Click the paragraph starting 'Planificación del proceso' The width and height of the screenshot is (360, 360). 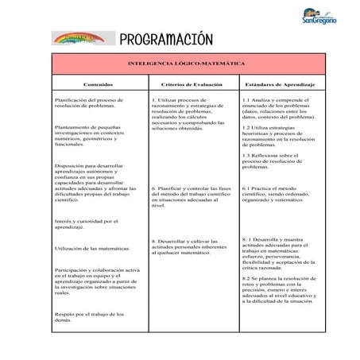point(87,103)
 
